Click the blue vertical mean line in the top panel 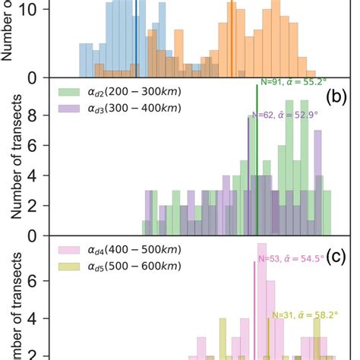pyautogui.click(x=136, y=38)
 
